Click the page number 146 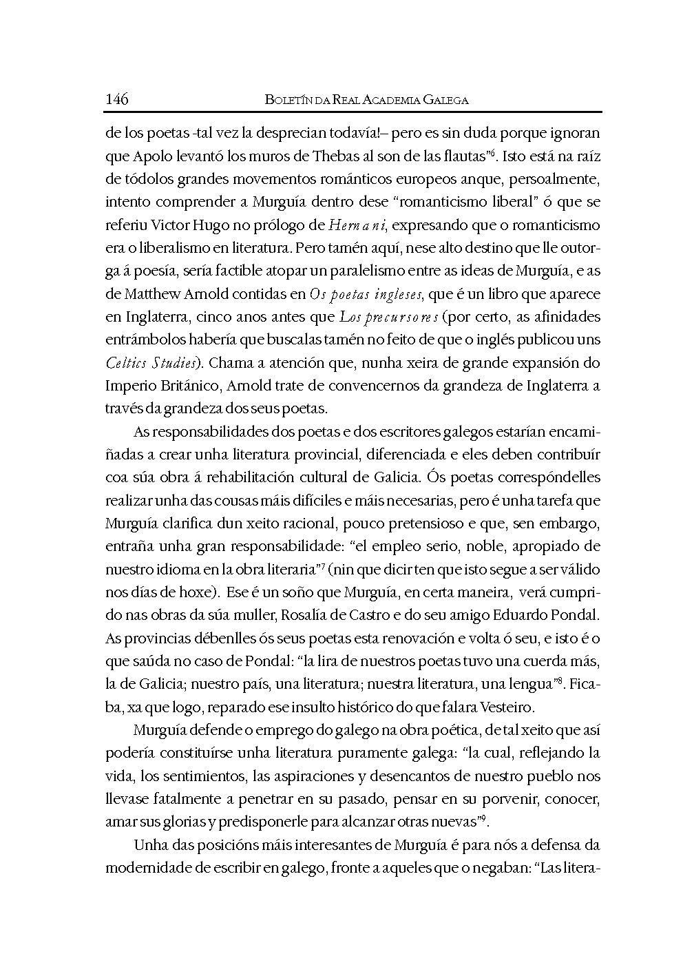(x=117, y=99)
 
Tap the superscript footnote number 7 (x=323, y=565)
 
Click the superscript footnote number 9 (x=485, y=818)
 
